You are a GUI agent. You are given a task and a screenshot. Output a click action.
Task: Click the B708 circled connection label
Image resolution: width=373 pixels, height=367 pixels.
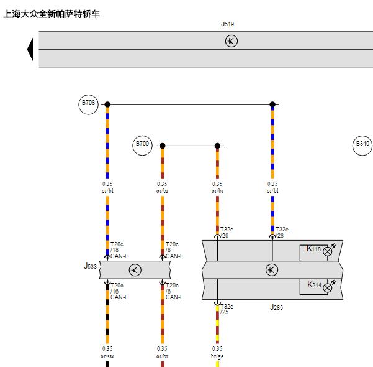[x=89, y=105]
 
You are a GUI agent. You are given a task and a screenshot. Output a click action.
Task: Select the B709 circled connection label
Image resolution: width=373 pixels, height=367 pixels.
[x=142, y=146]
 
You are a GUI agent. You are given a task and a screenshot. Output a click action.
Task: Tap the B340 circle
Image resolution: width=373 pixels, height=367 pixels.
[x=362, y=146]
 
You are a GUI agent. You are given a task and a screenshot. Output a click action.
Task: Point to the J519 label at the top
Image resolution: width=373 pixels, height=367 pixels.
[x=228, y=24]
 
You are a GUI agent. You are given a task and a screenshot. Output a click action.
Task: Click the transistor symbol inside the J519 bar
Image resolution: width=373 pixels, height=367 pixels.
[x=231, y=41]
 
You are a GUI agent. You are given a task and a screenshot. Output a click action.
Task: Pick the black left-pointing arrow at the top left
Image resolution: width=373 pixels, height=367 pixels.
[x=30, y=49]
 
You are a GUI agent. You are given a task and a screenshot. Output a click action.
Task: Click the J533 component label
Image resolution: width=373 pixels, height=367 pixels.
[x=91, y=266]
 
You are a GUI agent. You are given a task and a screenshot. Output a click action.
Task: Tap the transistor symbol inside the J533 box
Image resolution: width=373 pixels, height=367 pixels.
[x=135, y=270]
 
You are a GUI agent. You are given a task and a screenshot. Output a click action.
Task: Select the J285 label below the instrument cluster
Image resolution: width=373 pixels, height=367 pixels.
[x=276, y=307]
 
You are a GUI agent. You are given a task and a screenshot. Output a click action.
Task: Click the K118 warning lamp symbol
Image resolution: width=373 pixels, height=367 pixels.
[x=328, y=251]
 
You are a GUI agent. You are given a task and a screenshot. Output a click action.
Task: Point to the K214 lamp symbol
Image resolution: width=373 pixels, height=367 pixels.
[x=328, y=288]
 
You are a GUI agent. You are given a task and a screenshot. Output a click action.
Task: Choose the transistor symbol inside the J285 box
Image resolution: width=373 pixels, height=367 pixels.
[x=272, y=270]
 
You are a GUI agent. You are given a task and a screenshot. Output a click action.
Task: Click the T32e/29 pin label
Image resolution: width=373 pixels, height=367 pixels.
[x=227, y=233]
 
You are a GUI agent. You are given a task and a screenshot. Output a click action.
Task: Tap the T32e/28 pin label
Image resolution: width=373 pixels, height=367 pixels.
[x=282, y=233]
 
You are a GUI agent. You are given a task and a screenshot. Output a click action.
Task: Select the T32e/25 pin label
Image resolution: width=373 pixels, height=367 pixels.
[x=227, y=309]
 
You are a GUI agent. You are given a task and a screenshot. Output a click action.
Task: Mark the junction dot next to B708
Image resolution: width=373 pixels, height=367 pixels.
[x=107, y=105]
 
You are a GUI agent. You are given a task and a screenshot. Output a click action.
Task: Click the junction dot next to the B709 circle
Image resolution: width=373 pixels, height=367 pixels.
[x=162, y=146]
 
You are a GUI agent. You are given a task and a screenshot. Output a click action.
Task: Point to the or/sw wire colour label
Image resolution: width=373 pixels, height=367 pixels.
[x=107, y=356]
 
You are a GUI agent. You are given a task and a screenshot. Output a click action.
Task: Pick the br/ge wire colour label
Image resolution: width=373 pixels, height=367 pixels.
[x=217, y=356]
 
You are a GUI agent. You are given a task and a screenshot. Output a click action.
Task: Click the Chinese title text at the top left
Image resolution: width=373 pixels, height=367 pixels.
[x=52, y=14]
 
